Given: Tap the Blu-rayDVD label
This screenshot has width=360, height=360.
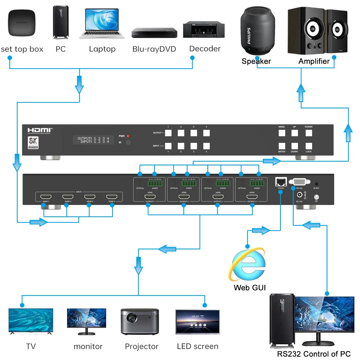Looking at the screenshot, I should tap(154, 49).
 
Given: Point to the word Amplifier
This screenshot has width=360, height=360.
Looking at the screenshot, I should tap(314, 61).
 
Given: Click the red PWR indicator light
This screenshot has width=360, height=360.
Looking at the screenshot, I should tap(128, 136).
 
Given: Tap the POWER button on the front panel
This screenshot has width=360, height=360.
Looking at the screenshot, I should tap(308, 133).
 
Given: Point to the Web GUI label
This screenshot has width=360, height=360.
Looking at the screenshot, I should tap(249, 288).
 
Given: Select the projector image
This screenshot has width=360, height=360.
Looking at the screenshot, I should tap(140, 322).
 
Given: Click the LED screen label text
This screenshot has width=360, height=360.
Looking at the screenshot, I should tap(197, 346).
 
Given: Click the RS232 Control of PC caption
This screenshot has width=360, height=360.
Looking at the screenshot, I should tap(313, 354).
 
